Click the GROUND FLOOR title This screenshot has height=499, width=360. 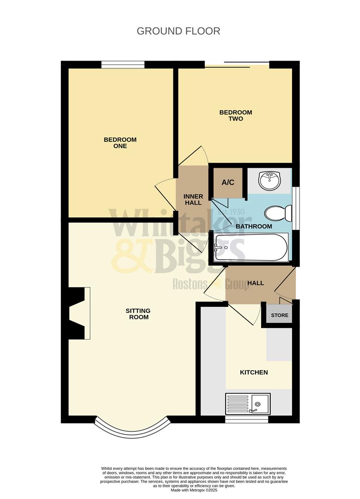(178, 31)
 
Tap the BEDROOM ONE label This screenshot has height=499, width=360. (120, 143)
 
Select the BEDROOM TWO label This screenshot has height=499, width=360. (236, 116)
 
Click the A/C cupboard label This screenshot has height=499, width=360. (228, 183)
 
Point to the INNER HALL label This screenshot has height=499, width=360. (193, 200)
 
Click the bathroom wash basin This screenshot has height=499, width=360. (269, 180)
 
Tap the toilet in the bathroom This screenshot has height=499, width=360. (278, 213)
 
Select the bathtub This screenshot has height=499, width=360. (251, 247)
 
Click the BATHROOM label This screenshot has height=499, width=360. (254, 226)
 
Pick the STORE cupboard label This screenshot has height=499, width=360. (280, 316)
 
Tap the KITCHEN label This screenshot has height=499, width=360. (254, 372)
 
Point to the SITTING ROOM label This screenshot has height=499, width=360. (138, 314)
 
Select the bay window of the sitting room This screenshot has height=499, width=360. (132, 430)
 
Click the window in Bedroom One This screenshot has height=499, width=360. (123, 65)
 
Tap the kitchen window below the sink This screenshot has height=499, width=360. (246, 420)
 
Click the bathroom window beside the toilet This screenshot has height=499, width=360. (296, 207)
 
